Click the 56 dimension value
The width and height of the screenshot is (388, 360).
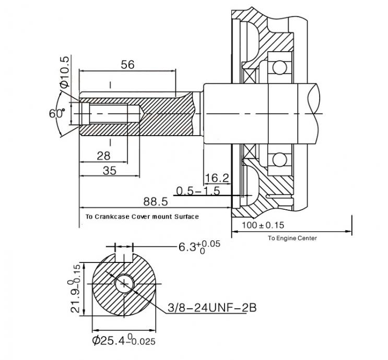coord(127,65)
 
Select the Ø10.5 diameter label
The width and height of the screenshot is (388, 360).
coord(65,71)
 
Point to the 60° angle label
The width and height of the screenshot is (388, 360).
coord(57,114)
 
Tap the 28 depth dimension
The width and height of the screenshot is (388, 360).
coord(103,156)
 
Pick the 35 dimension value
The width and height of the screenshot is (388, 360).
coord(110,171)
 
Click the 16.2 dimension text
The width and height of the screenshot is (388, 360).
coord(217,178)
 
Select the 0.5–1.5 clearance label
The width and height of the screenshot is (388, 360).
coord(198,191)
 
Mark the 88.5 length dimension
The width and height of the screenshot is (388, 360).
coord(156,202)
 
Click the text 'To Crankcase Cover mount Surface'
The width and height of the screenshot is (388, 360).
coord(142,217)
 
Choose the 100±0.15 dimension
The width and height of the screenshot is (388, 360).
coord(263,225)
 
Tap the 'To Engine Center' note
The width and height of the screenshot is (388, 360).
coord(292,238)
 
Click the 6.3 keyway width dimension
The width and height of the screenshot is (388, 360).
coord(199,247)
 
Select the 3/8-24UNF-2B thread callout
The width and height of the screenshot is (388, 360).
coord(212,308)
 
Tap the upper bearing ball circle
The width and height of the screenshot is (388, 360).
coord(279,66)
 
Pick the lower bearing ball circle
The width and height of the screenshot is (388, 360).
coord(279,160)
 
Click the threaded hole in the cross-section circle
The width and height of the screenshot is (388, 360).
coord(125,284)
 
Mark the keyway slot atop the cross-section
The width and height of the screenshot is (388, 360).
coord(124,258)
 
